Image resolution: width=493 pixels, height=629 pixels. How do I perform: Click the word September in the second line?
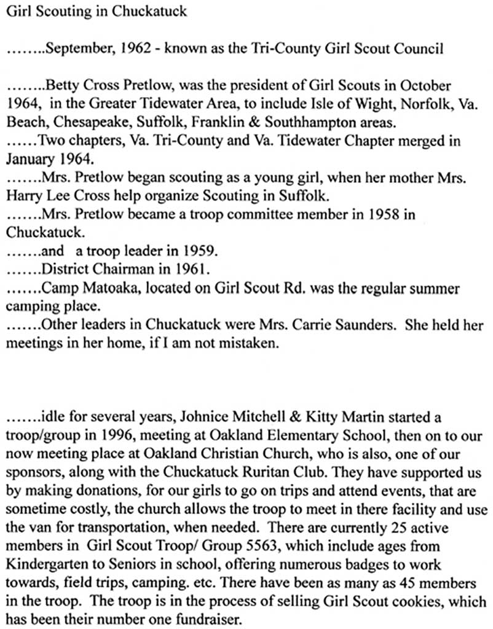(69, 49)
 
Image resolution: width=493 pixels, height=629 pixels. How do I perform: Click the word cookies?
(408, 604)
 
